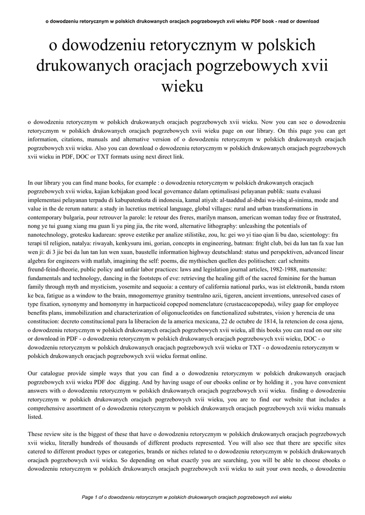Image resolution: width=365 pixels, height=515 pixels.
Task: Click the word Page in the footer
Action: [x=88, y=497]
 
